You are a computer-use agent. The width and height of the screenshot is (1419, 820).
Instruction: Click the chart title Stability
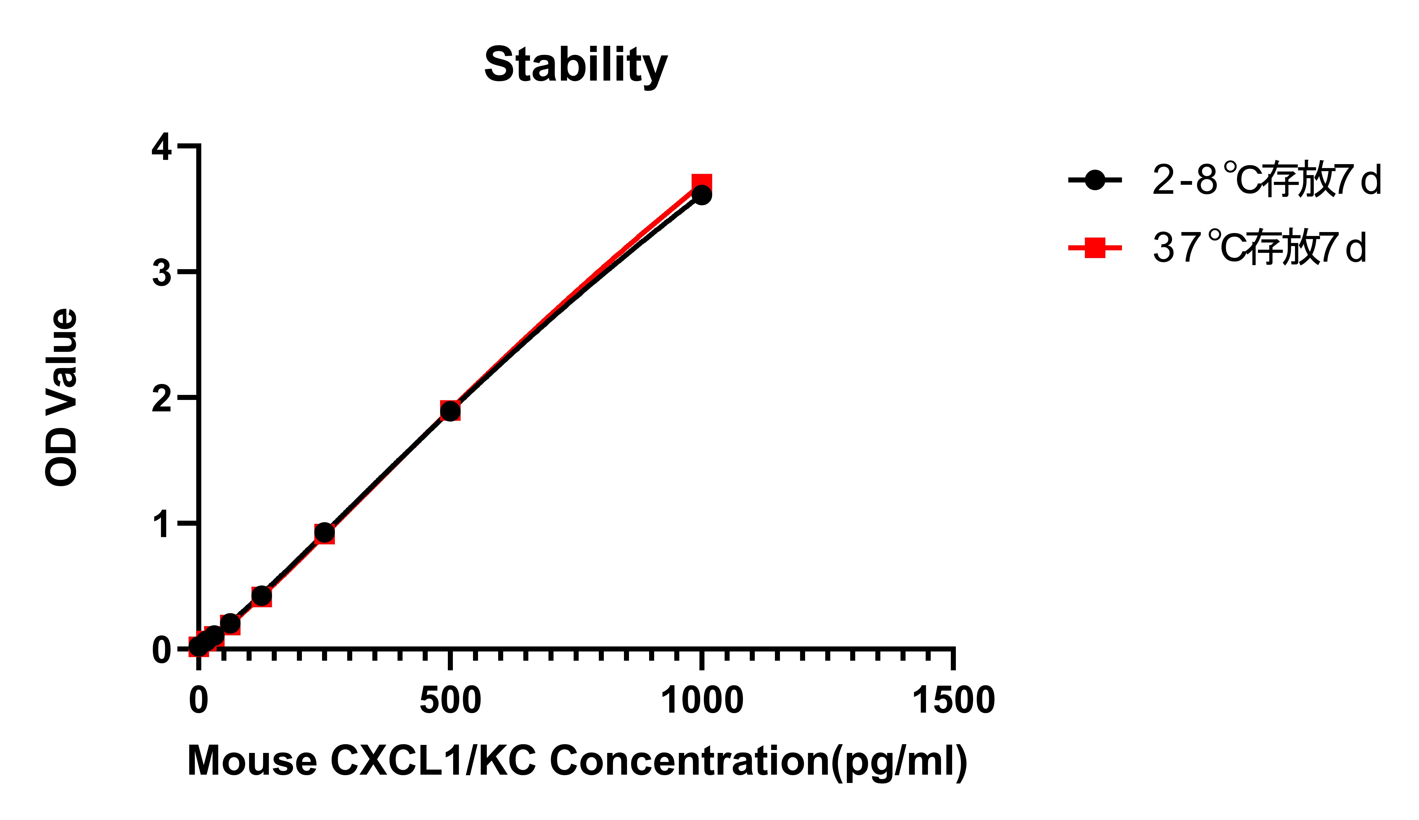(576, 65)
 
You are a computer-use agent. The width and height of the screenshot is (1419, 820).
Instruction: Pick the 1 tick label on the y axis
(162, 524)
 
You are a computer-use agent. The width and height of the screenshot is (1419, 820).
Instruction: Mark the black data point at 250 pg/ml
(324, 532)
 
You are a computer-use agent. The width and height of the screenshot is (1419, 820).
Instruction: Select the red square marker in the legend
(1095, 248)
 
